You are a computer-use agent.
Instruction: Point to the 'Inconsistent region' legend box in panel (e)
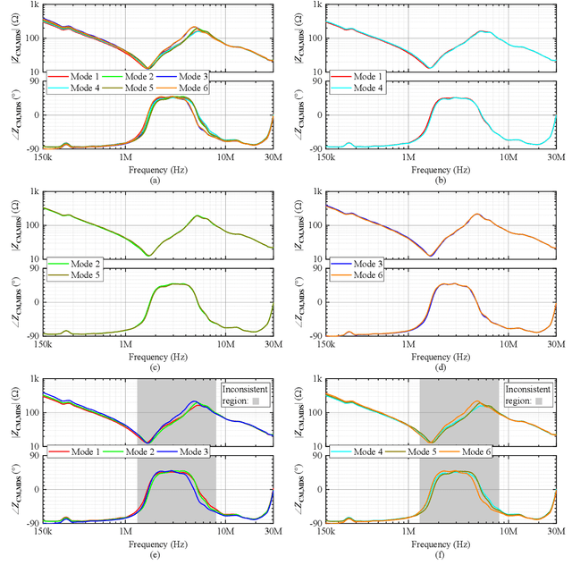246,395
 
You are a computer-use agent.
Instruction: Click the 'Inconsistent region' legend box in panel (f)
529,395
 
